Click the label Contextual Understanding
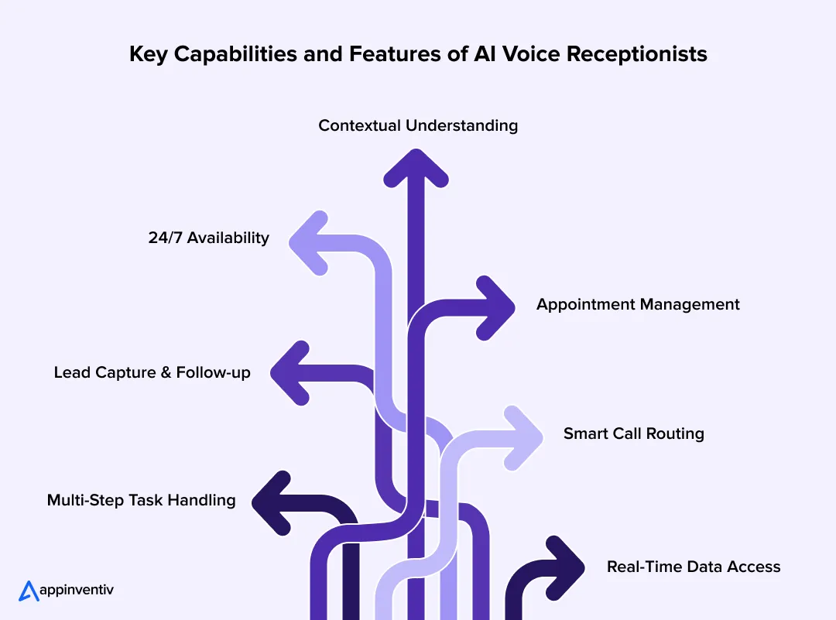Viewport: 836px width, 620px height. point(418,125)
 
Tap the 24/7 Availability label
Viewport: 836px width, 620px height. point(208,238)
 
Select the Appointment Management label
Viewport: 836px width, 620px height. point(638,304)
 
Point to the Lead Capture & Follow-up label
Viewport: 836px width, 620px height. point(152,372)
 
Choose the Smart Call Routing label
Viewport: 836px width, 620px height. point(633,433)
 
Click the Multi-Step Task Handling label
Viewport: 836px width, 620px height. point(141,500)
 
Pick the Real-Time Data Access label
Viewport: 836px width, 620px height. point(693,567)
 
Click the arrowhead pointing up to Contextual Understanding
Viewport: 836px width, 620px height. point(416,166)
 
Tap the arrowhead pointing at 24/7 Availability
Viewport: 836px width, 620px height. point(310,242)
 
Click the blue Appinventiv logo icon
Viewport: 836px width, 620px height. point(29,591)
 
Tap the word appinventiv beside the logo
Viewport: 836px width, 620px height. point(77,591)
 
